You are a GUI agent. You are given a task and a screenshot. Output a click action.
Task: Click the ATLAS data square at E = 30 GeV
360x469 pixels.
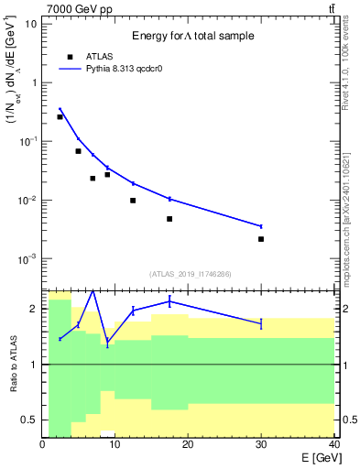click(x=261, y=239)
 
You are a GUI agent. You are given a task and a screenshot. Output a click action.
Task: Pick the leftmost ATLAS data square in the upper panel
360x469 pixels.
click(x=60, y=117)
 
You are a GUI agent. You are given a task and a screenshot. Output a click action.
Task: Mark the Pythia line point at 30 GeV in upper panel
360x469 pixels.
click(x=261, y=226)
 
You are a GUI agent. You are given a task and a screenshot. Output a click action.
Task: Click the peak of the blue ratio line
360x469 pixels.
click(x=93, y=291)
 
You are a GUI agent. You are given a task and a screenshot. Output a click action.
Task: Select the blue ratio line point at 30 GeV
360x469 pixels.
click(x=261, y=323)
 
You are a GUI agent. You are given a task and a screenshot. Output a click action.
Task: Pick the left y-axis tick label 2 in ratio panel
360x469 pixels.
click(x=34, y=309)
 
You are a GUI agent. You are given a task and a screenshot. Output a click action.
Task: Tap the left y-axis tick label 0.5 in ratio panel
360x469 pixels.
click(x=29, y=420)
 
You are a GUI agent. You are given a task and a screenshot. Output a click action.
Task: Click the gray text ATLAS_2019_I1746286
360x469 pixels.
click(x=190, y=274)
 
